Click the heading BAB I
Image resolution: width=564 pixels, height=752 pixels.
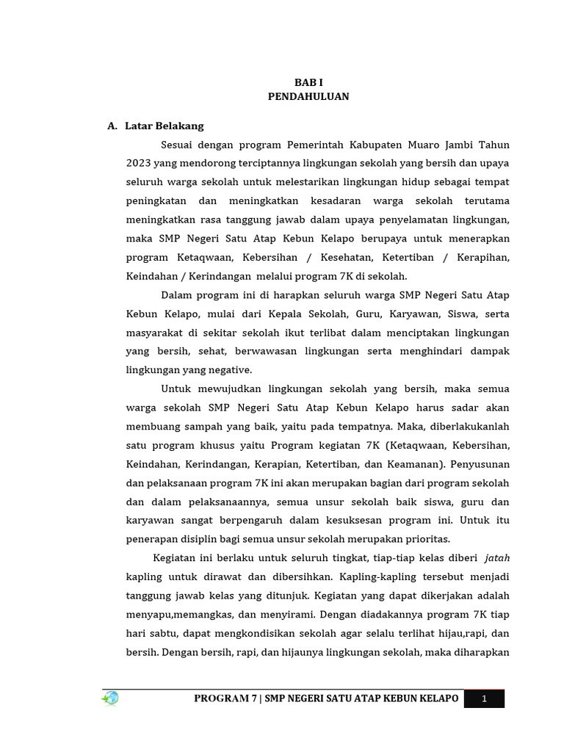click(x=308, y=83)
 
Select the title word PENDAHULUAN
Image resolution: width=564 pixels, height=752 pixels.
click(x=308, y=96)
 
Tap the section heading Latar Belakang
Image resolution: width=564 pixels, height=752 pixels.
click(x=164, y=126)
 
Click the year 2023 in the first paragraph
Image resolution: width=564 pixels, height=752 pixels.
click(x=137, y=163)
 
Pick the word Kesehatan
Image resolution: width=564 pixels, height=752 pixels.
click(x=347, y=258)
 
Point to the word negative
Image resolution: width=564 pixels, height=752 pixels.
click(x=231, y=370)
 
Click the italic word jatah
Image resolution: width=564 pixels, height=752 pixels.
click(x=497, y=558)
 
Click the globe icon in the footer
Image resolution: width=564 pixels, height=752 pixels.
click(x=110, y=698)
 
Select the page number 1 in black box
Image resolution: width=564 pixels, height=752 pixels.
click(x=485, y=699)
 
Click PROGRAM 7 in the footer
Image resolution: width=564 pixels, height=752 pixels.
click(x=223, y=699)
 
